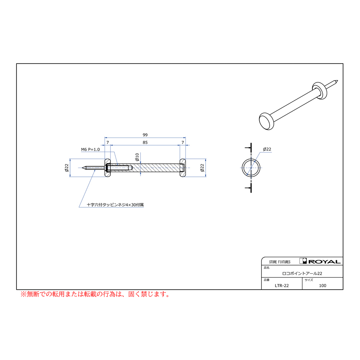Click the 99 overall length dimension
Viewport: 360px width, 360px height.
[x=145, y=135]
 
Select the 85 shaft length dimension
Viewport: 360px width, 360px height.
[x=145, y=142]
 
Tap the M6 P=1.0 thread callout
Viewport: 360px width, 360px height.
[x=90, y=150]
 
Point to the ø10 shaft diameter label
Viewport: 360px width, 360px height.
[x=137, y=157]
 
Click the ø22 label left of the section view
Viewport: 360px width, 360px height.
[x=66, y=168]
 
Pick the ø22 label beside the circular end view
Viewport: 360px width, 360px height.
[x=267, y=149]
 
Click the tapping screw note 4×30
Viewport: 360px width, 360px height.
[x=115, y=204]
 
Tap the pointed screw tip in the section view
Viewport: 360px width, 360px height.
[x=82, y=168]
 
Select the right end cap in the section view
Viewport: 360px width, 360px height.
[x=183, y=168]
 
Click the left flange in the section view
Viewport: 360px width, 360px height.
[x=108, y=168]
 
